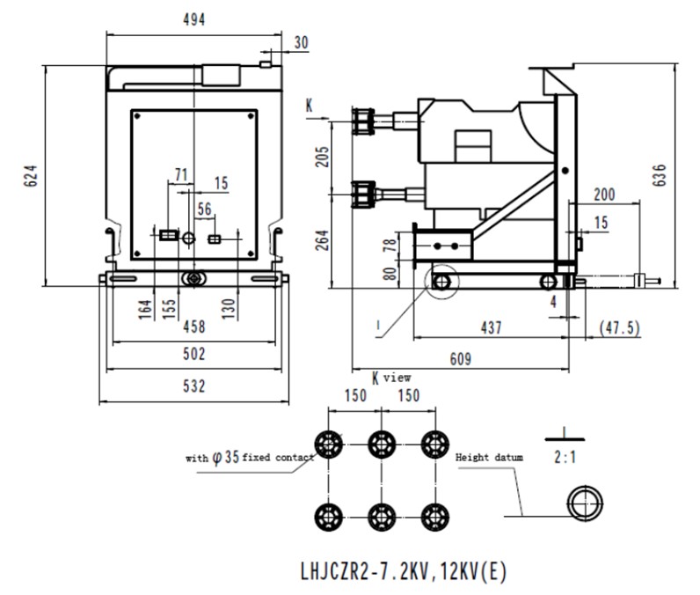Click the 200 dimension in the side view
(x=604, y=195)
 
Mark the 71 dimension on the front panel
(x=181, y=174)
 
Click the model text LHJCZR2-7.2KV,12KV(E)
(x=404, y=570)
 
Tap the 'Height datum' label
(x=488, y=458)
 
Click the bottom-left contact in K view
(x=328, y=513)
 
